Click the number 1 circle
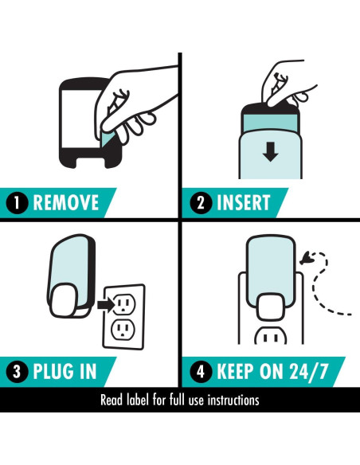(17, 202)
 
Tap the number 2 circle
(201, 202)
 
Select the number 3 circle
(17, 371)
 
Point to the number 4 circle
(201, 371)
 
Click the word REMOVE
(66, 202)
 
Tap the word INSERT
(243, 202)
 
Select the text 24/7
(309, 371)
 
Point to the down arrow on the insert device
(270, 151)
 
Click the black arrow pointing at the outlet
(106, 304)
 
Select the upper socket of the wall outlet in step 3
(124, 304)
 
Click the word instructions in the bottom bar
(233, 400)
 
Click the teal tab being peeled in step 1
(108, 139)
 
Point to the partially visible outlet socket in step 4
(271, 336)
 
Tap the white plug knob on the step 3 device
(63, 300)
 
